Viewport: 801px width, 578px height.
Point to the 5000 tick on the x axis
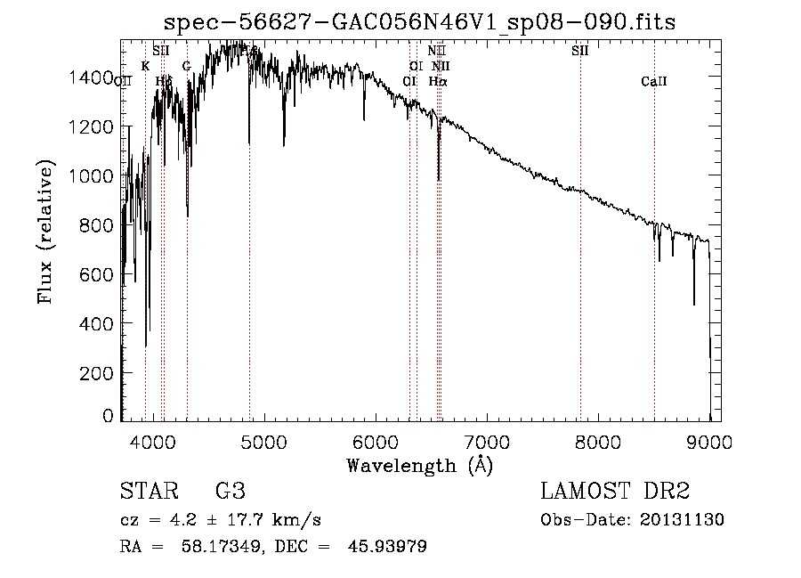(x=263, y=442)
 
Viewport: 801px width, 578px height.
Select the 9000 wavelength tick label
(x=709, y=442)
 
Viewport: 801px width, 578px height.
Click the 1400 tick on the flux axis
(x=91, y=77)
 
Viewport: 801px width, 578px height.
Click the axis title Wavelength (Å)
(x=419, y=465)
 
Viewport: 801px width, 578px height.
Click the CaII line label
(x=654, y=82)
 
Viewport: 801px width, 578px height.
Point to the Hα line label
(x=438, y=81)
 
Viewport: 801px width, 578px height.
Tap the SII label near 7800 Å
(x=580, y=51)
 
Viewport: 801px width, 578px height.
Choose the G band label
(x=186, y=66)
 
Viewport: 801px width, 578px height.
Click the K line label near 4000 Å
(x=145, y=66)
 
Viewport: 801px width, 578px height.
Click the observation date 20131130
(x=682, y=519)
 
